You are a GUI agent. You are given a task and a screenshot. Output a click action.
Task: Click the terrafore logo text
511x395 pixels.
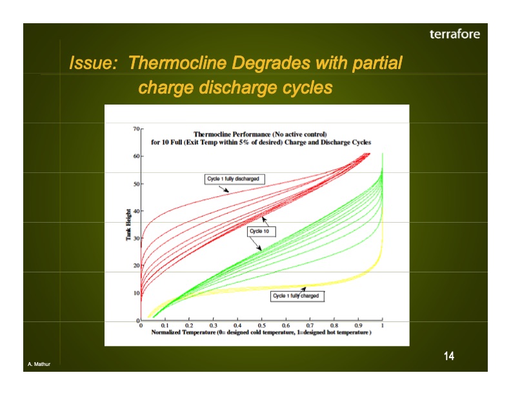[x=454, y=34]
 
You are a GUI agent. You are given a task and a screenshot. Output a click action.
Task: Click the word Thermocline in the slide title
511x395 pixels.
[x=178, y=63]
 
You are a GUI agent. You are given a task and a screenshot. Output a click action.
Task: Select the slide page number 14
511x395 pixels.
[x=448, y=356]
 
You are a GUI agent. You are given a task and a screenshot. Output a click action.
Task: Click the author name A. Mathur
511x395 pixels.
[x=39, y=365]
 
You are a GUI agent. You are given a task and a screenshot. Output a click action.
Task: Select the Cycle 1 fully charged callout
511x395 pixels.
[x=296, y=296]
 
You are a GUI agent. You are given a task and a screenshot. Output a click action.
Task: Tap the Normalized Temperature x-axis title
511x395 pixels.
[x=261, y=332]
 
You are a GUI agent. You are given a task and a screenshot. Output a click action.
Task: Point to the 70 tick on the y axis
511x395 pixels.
[x=136, y=129]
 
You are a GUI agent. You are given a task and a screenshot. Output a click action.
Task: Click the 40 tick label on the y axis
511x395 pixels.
[x=136, y=211]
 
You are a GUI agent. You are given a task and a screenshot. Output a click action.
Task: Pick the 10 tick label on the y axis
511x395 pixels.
[x=136, y=293]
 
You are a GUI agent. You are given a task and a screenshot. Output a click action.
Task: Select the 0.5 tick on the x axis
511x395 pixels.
[x=261, y=325]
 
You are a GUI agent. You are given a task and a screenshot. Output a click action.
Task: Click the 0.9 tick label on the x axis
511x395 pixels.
[x=358, y=325]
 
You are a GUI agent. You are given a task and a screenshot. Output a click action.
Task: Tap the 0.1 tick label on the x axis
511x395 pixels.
[x=165, y=325]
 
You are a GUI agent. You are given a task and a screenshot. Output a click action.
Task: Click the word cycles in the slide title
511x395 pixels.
[x=307, y=86]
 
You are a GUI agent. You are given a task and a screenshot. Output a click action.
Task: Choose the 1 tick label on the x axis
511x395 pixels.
[x=383, y=325]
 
